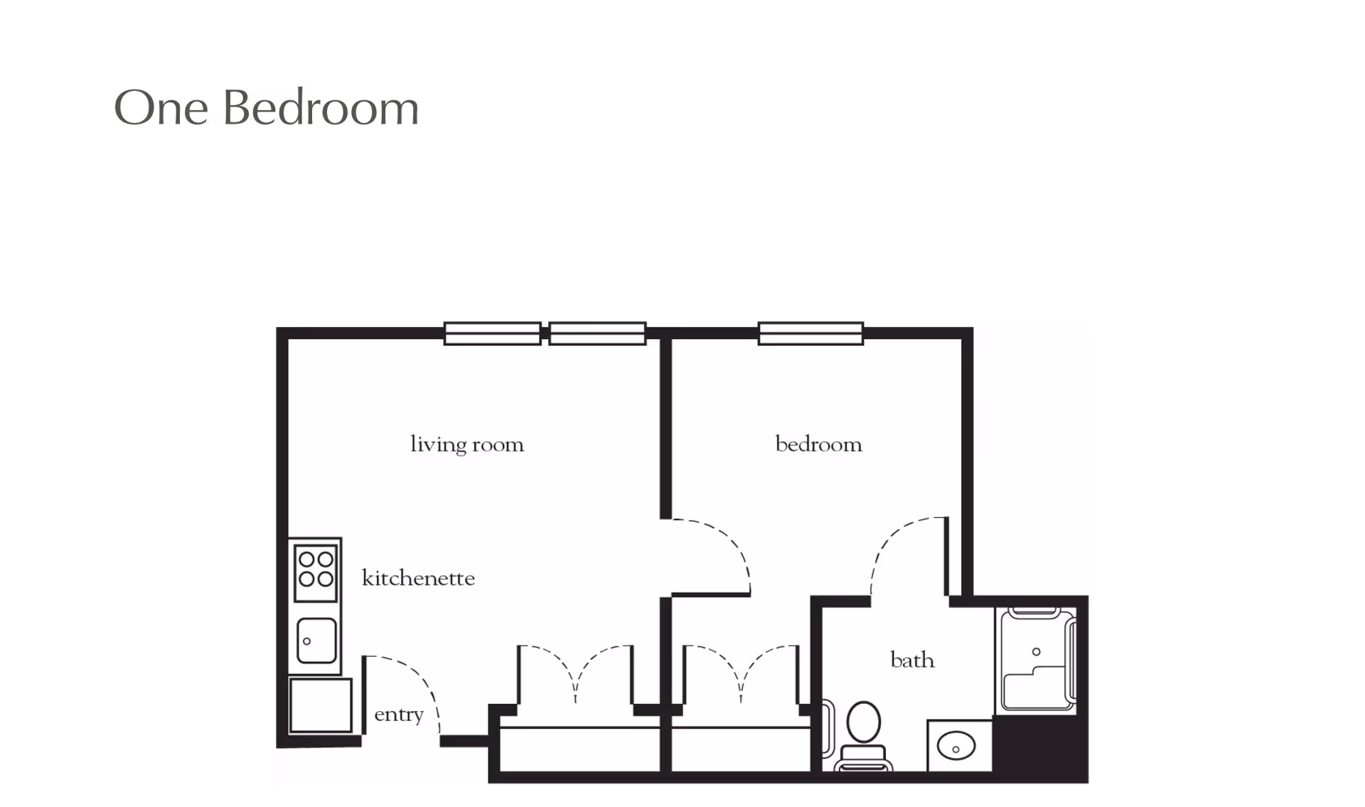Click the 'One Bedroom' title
pos(267,109)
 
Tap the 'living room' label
pos(467,445)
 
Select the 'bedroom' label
pos(818,445)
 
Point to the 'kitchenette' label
pos(418,579)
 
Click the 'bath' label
pos(912,661)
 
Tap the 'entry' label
pos(399,715)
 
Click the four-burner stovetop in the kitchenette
pos(316,569)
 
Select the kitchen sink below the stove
pos(316,640)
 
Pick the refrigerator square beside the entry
pos(321,705)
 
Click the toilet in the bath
pos(864,732)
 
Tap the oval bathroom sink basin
pos(956,747)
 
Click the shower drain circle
pos(1036,651)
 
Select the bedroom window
pos(810,333)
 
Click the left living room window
pos(492,333)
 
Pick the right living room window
pos(597,333)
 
